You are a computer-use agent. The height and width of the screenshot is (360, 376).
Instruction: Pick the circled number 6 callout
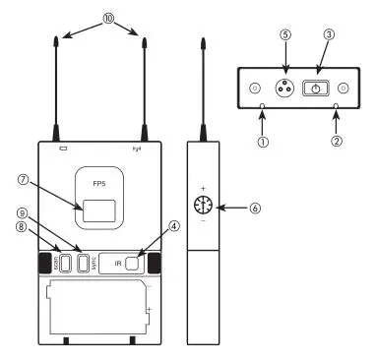click(x=257, y=208)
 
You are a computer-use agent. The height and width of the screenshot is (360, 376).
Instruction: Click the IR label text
click(x=118, y=264)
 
